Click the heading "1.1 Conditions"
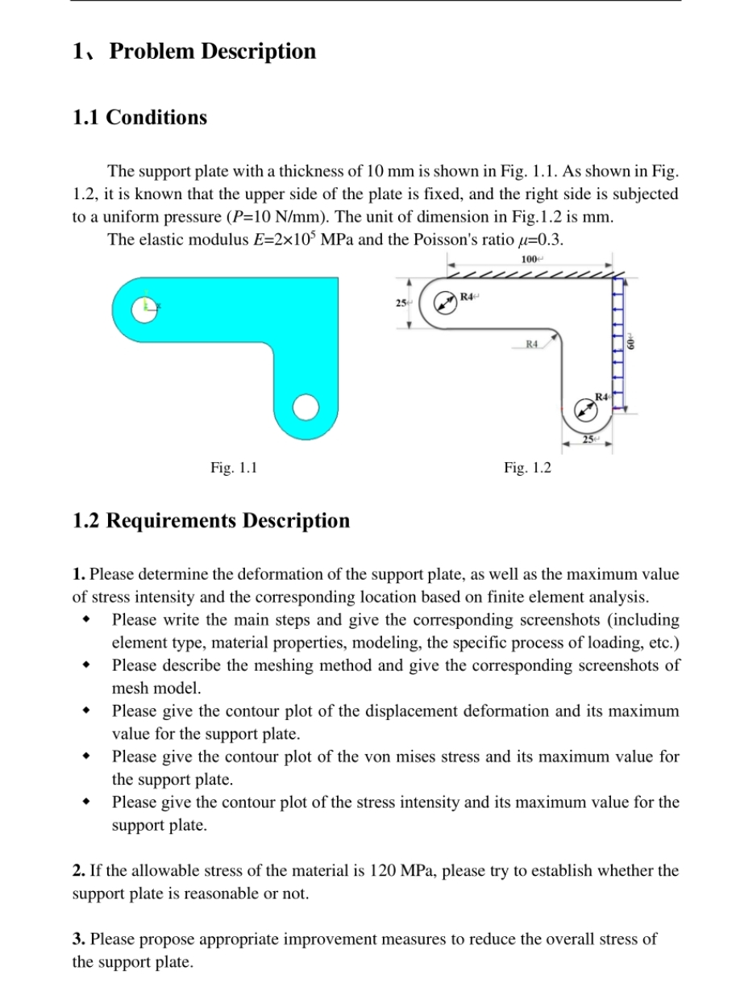(x=139, y=118)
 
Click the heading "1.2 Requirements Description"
(x=211, y=521)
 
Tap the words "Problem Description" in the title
(x=212, y=52)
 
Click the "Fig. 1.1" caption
(x=234, y=467)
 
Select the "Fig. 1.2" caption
(x=527, y=467)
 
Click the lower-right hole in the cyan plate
(x=306, y=408)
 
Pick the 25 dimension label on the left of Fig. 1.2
(x=401, y=303)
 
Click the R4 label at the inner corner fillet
(x=531, y=344)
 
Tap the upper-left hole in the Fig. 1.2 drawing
(x=444, y=304)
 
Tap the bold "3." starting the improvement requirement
(x=79, y=939)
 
